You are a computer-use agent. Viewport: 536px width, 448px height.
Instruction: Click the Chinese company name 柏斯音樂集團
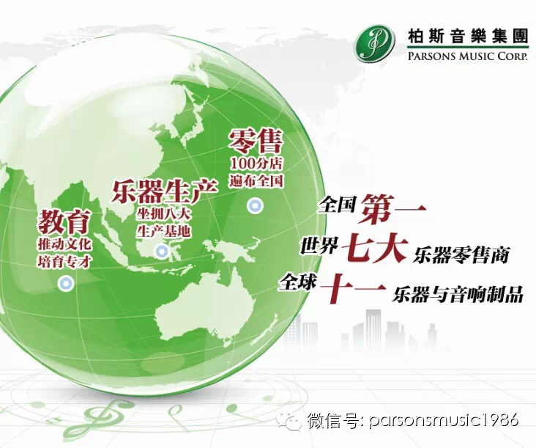click(x=467, y=36)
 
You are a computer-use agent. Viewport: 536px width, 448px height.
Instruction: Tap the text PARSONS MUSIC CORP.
click(x=467, y=56)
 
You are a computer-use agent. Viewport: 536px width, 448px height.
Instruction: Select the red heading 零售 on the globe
click(x=256, y=141)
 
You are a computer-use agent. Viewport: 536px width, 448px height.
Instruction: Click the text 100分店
click(x=256, y=164)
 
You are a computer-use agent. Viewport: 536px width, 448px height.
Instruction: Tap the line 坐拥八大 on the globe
click(x=163, y=215)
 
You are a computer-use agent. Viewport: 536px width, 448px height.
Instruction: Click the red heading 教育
click(x=64, y=221)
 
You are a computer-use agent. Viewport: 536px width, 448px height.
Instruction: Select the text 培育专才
click(x=64, y=262)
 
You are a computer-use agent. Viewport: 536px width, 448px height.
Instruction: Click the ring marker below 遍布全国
click(x=255, y=206)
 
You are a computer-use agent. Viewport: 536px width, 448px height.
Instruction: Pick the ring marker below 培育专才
click(x=66, y=283)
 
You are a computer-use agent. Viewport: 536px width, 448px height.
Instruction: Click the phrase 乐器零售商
click(x=461, y=254)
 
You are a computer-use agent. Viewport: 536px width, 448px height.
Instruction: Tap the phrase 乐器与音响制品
click(x=458, y=293)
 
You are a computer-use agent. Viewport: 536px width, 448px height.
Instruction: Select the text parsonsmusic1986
click(x=444, y=419)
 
